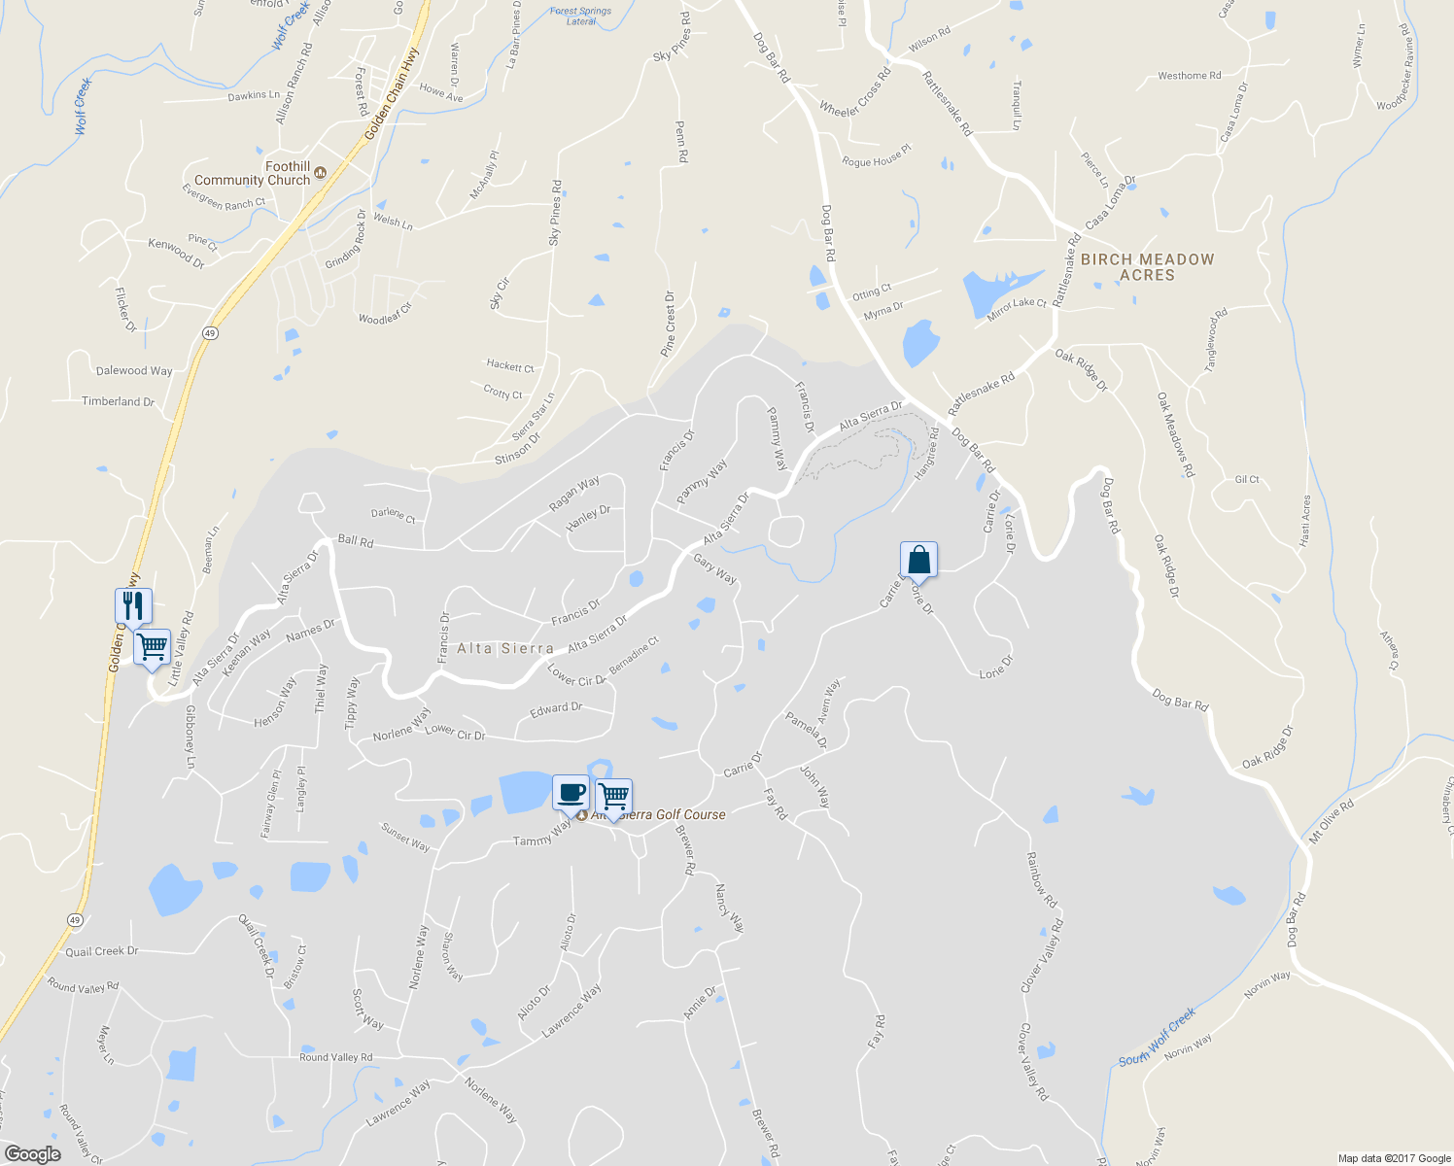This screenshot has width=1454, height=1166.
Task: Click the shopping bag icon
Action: click(x=918, y=560)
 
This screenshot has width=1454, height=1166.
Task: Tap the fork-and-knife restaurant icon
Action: click(x=132, y=605)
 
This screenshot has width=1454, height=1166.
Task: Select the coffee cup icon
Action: click(x=571, y=793)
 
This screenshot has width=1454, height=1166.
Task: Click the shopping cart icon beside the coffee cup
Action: click(x=614, y=796)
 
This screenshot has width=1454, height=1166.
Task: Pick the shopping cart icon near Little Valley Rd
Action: click(x=152, y=646)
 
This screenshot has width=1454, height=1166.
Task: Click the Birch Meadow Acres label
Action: click(x=1147, y=267)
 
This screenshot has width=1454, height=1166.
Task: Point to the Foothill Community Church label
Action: click(x=253, y=173)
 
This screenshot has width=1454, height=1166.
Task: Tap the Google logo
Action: click(x=32, y=1154)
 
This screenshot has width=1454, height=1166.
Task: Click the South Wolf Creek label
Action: click(x=1157, y=1038)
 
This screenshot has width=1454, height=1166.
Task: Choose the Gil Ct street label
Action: click(x=1247, y=480)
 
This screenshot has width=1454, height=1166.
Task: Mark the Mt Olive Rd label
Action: click(x=1332, y=822)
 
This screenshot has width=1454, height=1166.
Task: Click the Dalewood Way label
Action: click(x=134, y=370)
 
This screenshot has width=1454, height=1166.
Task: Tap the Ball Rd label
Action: click(x=355, y=541)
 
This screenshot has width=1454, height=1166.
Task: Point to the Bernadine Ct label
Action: click(x=634, y=656)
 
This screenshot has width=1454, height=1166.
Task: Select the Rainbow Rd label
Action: click(x=1041, y=880)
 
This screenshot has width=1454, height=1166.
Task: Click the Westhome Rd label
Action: click(x=1189, y=76)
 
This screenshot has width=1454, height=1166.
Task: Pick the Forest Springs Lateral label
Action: click(x=580, y=16)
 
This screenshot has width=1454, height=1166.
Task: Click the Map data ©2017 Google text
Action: click(x=1394, y=1158)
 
